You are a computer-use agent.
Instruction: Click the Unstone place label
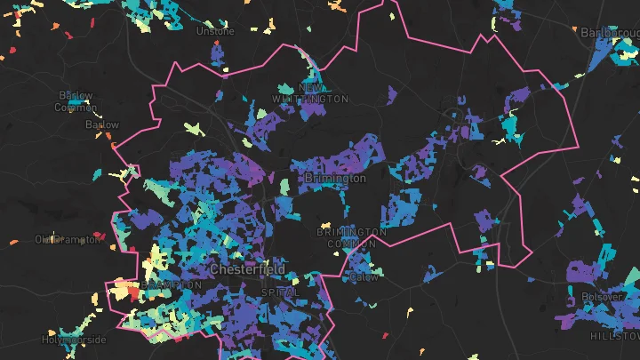pos(215,31)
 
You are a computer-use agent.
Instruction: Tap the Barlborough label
pos(610,32)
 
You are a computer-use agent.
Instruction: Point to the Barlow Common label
pos(76,101)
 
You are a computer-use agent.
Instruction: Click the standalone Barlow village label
pos(101,125)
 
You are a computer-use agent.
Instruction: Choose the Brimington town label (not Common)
pos(334,179)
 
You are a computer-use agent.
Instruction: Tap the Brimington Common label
pos(352,237)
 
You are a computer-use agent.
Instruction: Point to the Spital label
pos(281,292)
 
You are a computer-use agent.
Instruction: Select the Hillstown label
pos(613,336)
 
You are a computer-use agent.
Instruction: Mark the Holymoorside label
pos(74,340)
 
